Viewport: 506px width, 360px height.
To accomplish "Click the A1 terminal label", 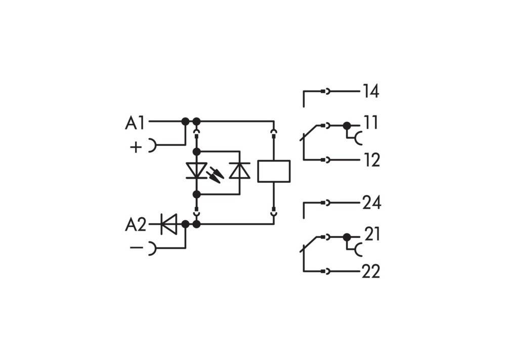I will point(135,123).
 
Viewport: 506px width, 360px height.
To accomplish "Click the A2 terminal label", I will point(136,224).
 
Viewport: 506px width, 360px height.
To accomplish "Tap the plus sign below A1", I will point(136,147).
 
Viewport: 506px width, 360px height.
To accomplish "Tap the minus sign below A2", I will point(136,248).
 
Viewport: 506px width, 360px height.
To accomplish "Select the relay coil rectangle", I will point(274,171).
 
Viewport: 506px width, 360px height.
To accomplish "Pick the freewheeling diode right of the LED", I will point(239,172).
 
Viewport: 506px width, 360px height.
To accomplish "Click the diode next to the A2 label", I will point(168,224).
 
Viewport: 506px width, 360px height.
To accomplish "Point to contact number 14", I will point(370,92).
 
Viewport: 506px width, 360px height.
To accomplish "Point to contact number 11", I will point(371,123).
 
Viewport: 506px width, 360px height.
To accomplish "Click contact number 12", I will point(371,161).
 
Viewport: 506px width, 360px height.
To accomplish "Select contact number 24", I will point(371,203).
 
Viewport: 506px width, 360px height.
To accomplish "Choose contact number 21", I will point(372,234).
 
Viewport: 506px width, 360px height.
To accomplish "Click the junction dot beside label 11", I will point(347,125).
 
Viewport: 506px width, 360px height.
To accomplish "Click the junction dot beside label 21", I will point(347,236).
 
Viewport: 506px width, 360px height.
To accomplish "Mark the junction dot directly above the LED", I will point(196,151).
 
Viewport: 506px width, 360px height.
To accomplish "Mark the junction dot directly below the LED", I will point(196,194).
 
